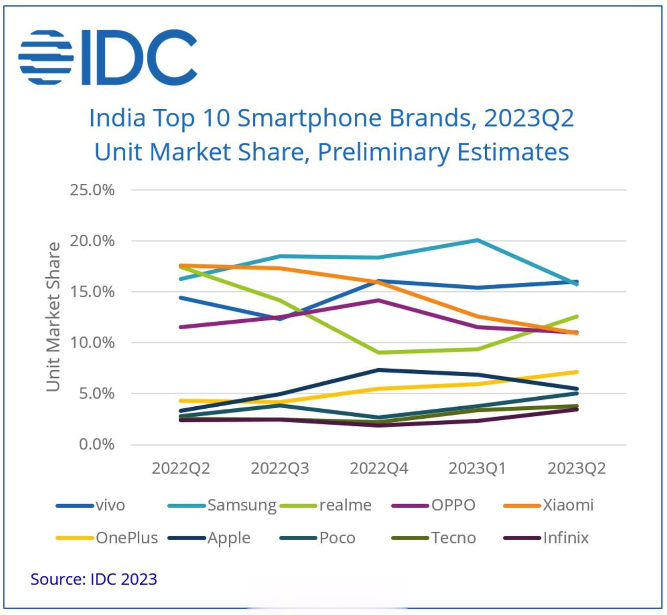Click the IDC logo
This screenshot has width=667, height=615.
pos(108,57)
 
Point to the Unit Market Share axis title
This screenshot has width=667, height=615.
pos(54,317)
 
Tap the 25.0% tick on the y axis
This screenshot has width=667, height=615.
pos(92,190)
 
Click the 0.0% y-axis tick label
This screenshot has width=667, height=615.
pos(96,445)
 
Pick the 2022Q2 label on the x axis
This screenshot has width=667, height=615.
pos(181,468)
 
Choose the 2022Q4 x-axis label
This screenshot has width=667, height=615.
pos(379,468)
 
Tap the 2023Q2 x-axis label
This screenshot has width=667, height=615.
pos(576,468)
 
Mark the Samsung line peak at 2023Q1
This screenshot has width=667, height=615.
pos(478,240)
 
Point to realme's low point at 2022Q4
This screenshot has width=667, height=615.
pos(379,353)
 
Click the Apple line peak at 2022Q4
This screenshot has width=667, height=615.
pos(379,370)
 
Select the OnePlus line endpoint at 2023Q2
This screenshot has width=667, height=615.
pos(576,372)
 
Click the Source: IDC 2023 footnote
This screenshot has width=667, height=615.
pos(94,579)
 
